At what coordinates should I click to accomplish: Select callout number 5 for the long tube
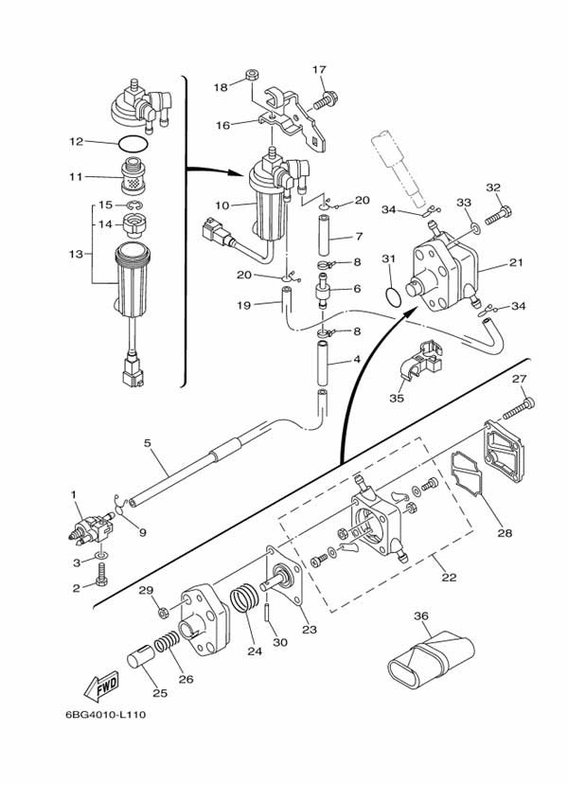point(149,443)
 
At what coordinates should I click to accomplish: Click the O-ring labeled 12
point(133,144)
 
